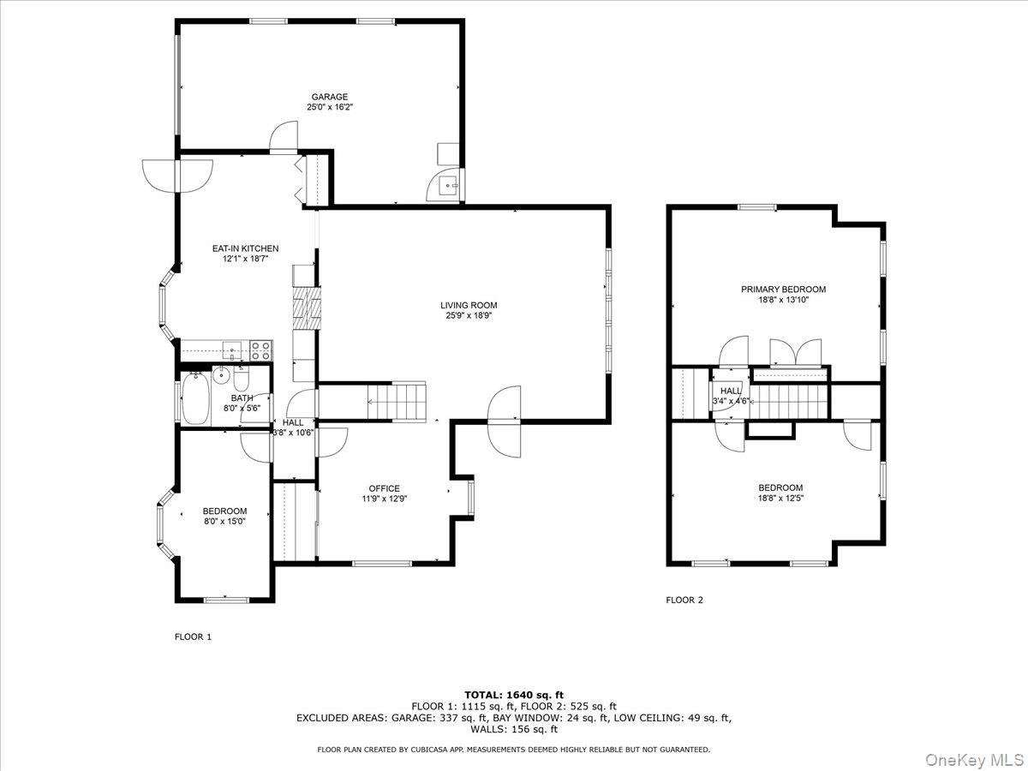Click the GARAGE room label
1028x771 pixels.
click(x=328, y=97)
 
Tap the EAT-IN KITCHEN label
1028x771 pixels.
click(x=245, y=248)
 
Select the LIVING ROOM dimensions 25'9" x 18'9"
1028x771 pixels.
click(x=469, y=315)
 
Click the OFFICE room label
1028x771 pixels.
click(x=384, y=488)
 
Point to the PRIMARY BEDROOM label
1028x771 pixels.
click(x=783, y=290)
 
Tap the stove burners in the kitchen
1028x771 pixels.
click(x=260, y=350)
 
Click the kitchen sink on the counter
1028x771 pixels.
click(x=231, y=349)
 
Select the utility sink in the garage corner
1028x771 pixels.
click(x=447, y=183)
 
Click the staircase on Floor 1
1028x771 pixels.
click(x=396, y=401)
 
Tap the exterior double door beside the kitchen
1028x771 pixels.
click(x=176, y=176)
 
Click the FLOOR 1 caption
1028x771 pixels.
click(x=193, y=637)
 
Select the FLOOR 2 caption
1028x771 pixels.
click(x=684, y=600)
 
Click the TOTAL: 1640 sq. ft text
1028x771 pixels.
click(x=514, y=695)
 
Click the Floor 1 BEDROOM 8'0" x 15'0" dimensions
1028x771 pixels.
click(x=224, y=522)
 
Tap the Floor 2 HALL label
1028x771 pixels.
click(x=731, y=391)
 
